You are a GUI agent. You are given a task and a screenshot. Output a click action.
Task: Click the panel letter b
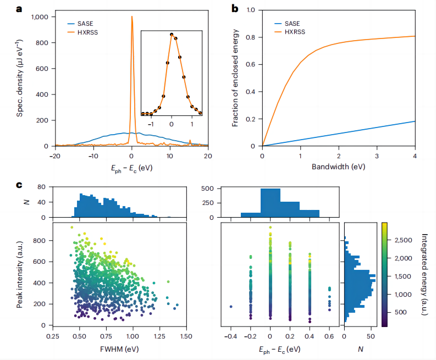pos(235,8)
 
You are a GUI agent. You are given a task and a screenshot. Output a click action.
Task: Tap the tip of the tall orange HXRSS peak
pos(132,16)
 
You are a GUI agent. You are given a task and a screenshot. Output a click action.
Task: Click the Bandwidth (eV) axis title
pos(338,166)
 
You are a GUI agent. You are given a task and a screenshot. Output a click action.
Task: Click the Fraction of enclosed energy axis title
pos(235,78)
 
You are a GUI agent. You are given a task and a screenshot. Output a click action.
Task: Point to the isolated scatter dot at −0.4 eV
pos(231,306)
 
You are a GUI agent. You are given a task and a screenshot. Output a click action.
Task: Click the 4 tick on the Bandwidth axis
pos(415,156)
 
